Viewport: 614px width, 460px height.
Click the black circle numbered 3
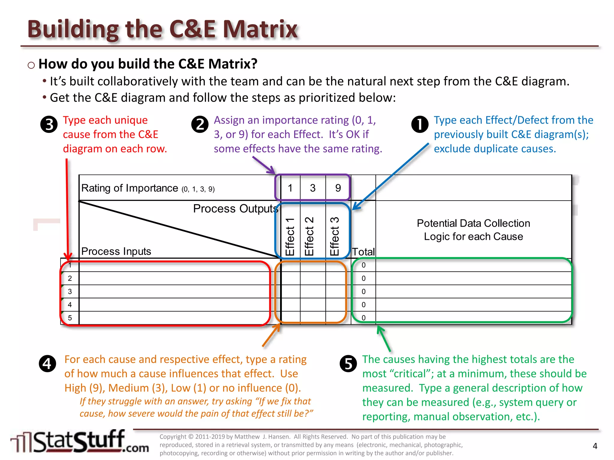click(x=49, y=125)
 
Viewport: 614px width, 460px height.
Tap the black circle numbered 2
click(x=200, y=125)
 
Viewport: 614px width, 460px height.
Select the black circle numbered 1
click(x=420, y=125)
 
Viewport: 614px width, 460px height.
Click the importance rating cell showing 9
click(x=338, y=188)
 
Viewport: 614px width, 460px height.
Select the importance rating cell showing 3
click(x=313, y=188)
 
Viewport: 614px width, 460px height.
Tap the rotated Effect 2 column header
click(x=309, y=236)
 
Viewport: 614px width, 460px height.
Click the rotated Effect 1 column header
click(x=290, y=237)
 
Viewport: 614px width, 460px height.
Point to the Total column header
click(x=363, y=252)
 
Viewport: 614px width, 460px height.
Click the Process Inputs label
click(x=116, y=251)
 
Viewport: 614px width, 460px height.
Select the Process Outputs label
click(x=235, y=208)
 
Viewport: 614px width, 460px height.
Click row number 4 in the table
click(x=70, y=305)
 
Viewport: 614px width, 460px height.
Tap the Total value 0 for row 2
click(x=363, y=278)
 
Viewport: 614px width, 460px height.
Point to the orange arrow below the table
click(x=271, y=335)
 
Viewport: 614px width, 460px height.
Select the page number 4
click(x=595, y=446)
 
